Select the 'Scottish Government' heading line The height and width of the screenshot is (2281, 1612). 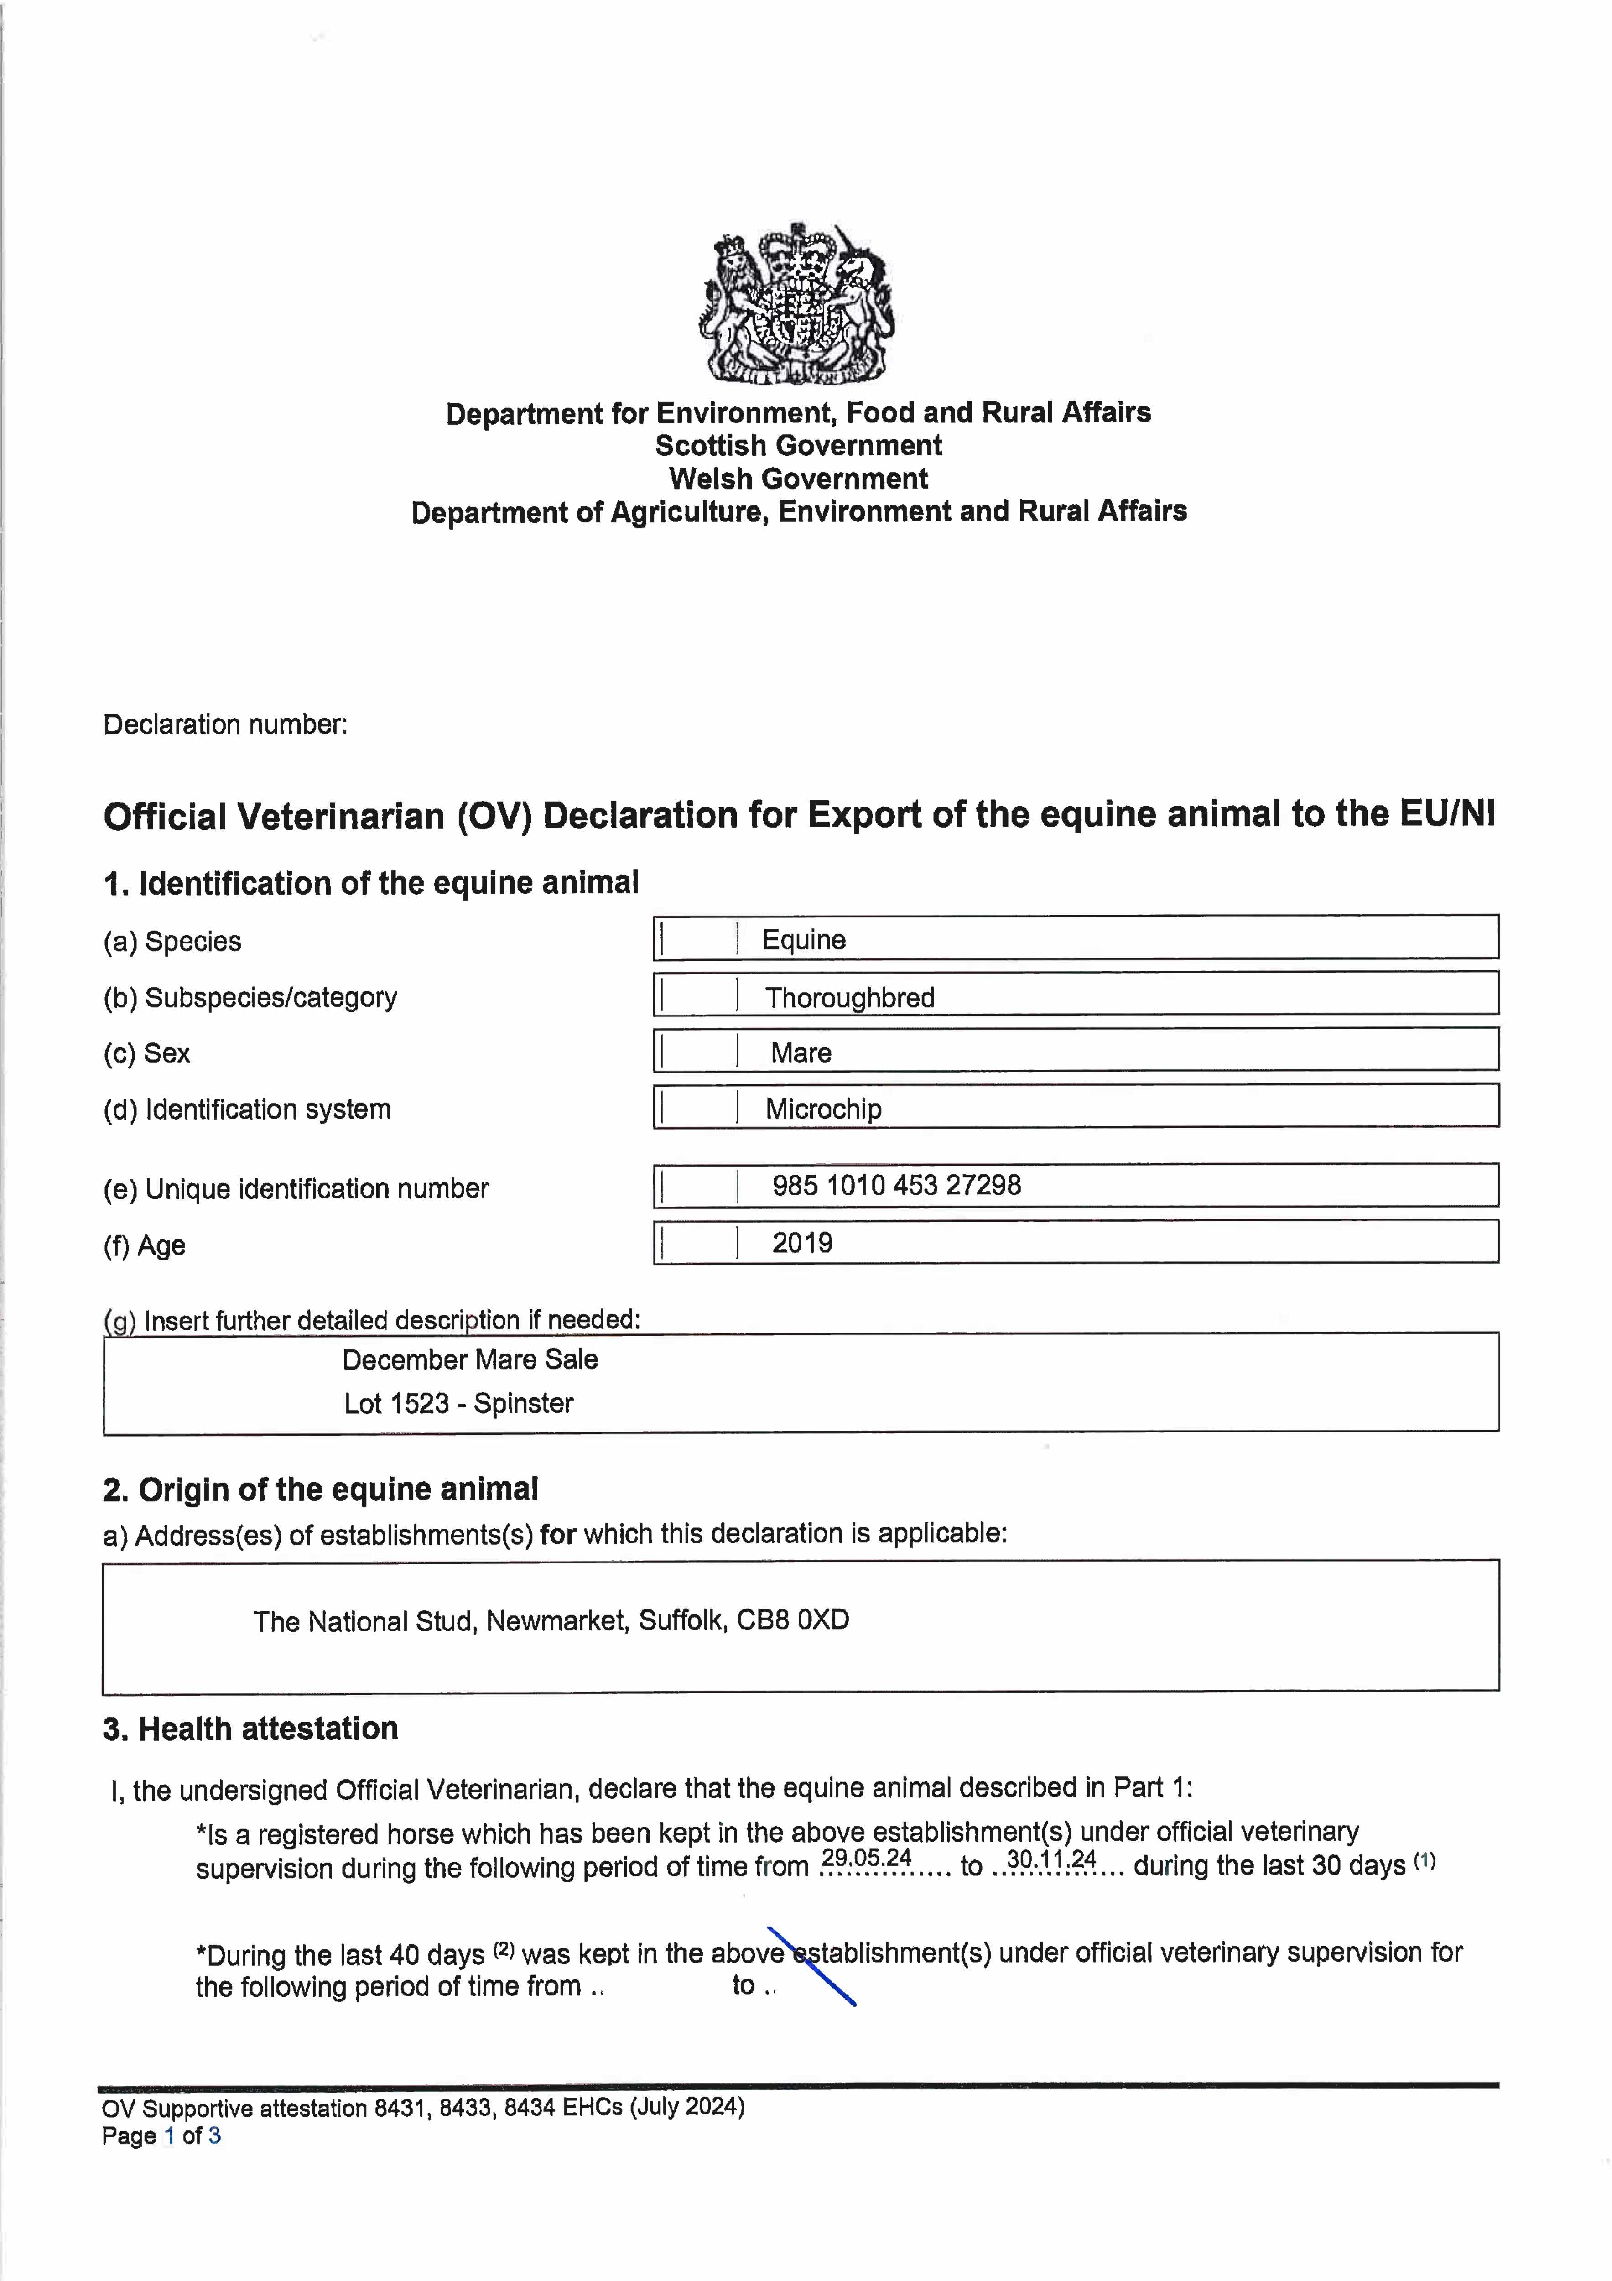pyautogui.click(x=797, y=445)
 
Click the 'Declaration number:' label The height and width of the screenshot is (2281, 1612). pyautogui.click(x=225, y=724)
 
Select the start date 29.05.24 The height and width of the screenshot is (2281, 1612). pyautogui.click(x=866, y=1858)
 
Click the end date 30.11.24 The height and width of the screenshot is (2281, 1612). pyautogui.click(x=1051, y=1858)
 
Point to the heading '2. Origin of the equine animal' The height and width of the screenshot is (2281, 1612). pyautogui.click(x=320, y=1489)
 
